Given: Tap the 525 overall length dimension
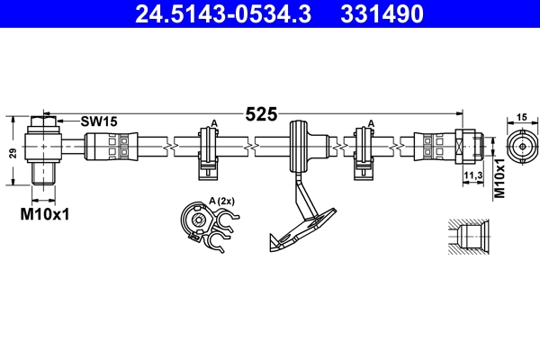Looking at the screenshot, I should pyautogui.click(x=261, y=114).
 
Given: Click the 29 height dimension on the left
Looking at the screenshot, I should pyautogui.click(x=13, y=152).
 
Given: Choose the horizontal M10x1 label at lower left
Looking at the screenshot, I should pyautogui.click(x=45, y=214).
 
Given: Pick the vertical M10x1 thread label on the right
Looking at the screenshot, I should pyautogui.click(x=499, y=176).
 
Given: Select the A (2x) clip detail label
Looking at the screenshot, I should pyautogui.click(x=221, y=201).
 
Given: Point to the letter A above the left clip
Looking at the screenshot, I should pyautogui.click(x=213, y=122).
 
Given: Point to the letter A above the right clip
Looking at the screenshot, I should pyautogui.click(x=369, y=122).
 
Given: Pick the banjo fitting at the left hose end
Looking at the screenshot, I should pyautogui.click(x=45, y=147).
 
